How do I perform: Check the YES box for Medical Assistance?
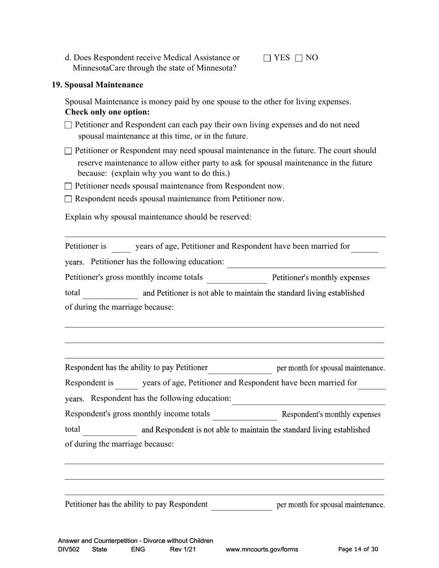coord(267,58)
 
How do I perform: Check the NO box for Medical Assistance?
coord(299,58)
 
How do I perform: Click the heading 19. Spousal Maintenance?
coord(98,85)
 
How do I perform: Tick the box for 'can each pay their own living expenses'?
coord(68,125)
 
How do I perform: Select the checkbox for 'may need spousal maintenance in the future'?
coord(68,151)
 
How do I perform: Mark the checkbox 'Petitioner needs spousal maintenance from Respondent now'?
coord(68,187)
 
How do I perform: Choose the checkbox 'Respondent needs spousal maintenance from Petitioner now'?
coord(68,199)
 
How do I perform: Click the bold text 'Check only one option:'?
coord(107,112)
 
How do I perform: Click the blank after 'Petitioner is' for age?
coord(121,248)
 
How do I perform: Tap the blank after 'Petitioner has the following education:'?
coord(306,263)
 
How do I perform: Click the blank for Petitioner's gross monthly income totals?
coord(237,278)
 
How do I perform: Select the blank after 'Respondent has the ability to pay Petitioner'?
coord(240,369)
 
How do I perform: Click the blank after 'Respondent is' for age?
coord(126,384)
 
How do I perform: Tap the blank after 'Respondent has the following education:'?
coord(308,399)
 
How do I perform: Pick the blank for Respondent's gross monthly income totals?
coord(244,415)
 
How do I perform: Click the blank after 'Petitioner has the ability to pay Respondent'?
coord(241,505)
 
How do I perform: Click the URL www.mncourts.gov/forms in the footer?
coord(262,550)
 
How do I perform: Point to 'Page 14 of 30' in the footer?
coord(358,550)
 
